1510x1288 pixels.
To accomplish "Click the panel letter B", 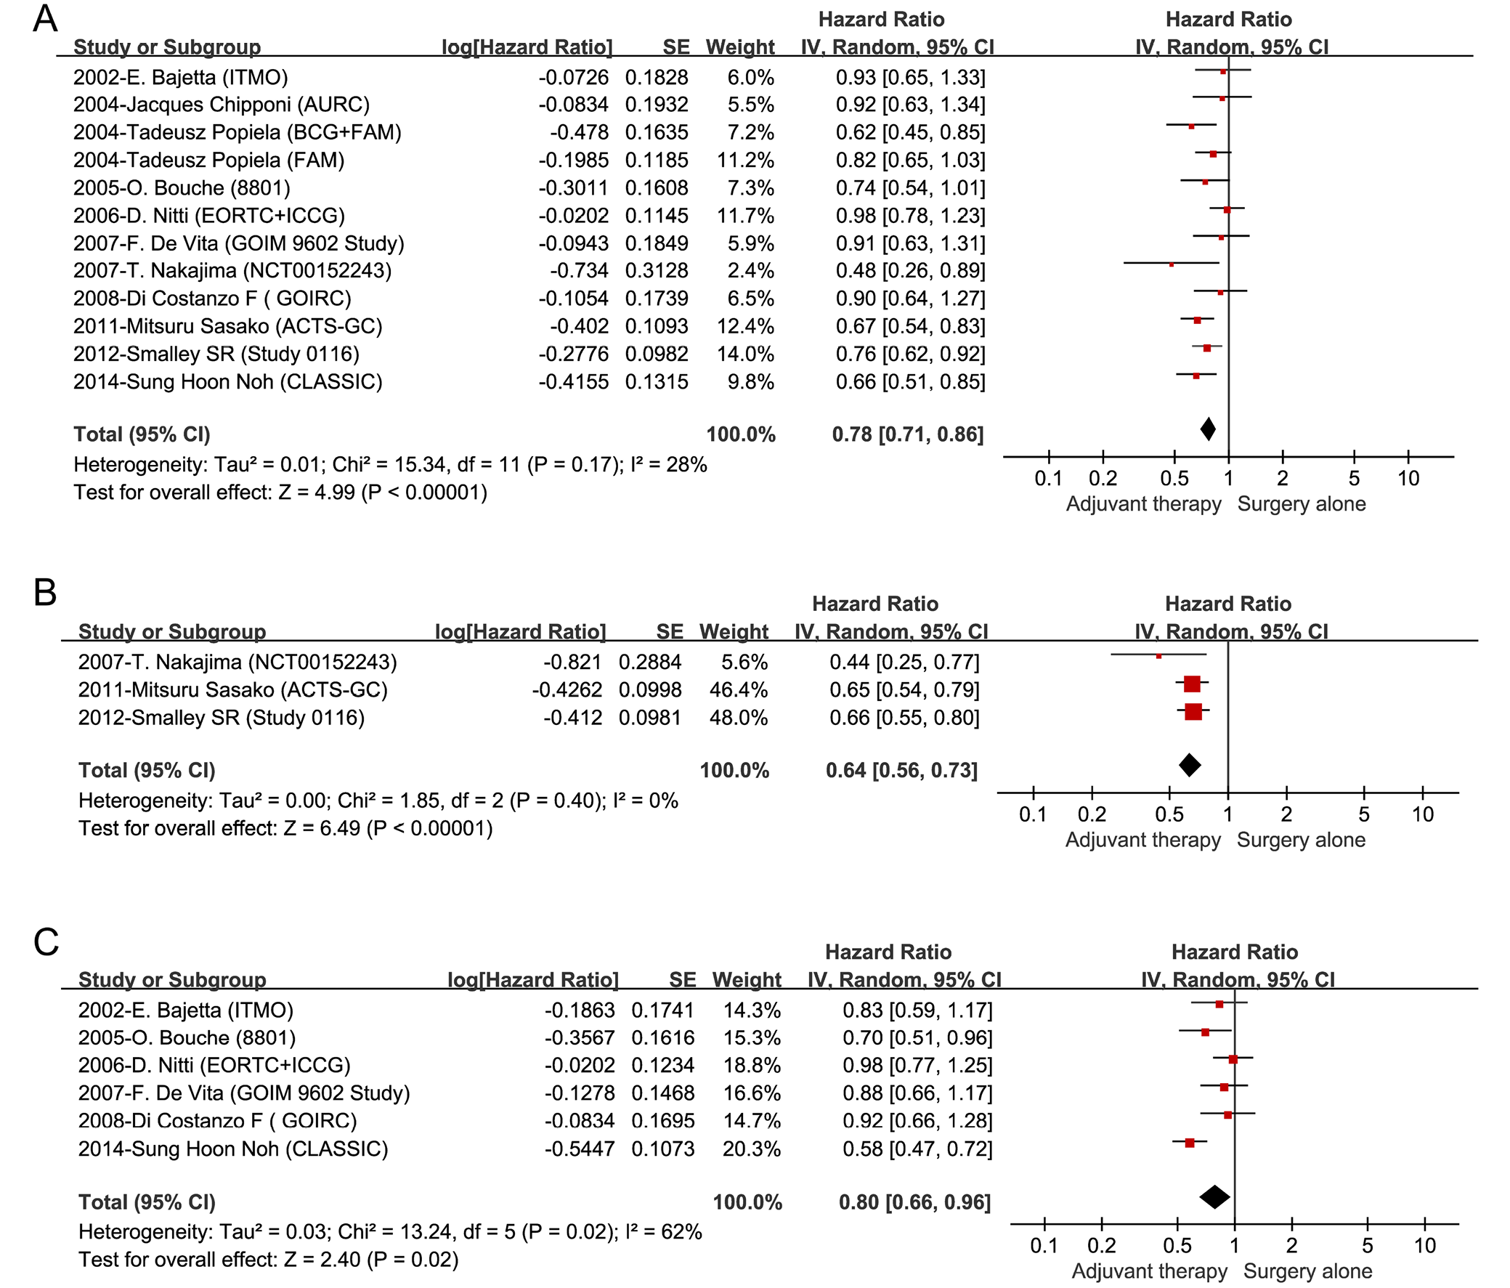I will click(45, 593).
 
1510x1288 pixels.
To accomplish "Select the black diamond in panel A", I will click(1208, 429).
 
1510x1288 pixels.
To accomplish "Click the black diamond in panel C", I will click(1214, 1196).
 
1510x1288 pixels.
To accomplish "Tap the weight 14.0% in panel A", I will click(750, 355).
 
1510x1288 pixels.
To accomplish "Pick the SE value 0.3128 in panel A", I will click(656, 271).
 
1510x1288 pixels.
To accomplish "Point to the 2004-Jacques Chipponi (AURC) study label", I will click(222, 105).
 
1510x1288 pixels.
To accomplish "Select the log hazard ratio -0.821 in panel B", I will click(573, 662).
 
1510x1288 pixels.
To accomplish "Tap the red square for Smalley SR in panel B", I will click(1193, 711).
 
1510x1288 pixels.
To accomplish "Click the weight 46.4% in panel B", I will click(738, 689).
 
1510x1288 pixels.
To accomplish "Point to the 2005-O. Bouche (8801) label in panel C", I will click(187, 1038).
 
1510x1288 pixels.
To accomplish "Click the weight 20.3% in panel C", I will click(751, 1149).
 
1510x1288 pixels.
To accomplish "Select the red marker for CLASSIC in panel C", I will click(1190, 1143).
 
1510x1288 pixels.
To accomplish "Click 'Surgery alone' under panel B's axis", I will click(1301, 840).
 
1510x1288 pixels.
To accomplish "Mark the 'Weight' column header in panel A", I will click(739, 47).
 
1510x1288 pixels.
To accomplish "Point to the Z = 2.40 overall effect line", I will click(269, 1260).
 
